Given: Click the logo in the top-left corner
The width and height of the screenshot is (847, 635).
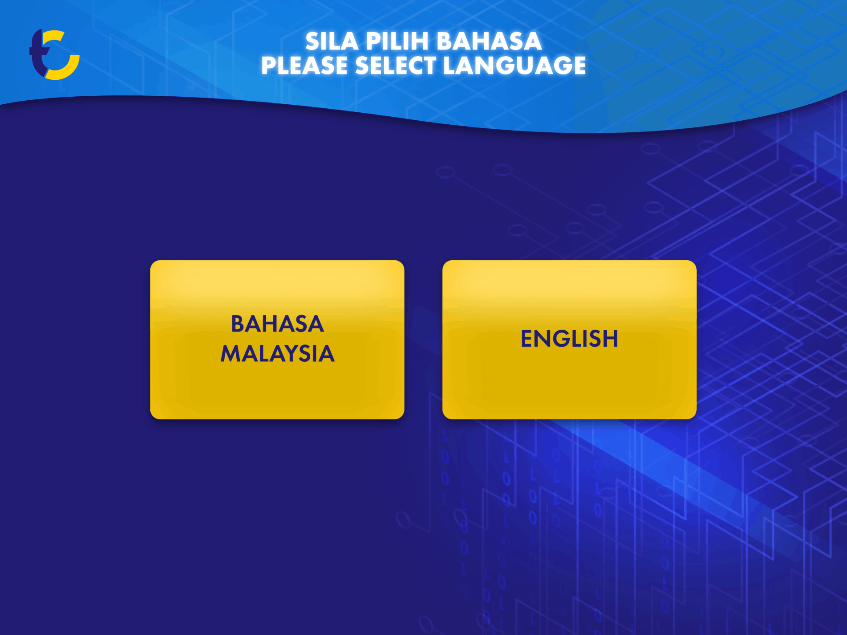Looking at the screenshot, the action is click(54, 55).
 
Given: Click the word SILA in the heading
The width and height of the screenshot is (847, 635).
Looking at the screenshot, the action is click(332, 41).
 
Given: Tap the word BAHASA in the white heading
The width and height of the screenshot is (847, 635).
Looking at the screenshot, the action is click(489, 41).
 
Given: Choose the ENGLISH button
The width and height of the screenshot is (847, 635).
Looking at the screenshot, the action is click(569, 340).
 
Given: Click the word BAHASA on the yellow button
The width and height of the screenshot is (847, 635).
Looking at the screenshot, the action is click(277, 324).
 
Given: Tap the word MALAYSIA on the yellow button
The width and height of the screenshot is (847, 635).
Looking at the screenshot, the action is click(277, 354).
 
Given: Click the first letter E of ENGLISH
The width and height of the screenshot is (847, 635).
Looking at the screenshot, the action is click(527, 339).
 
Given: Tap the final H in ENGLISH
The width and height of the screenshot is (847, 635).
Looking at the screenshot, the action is click(610, 339).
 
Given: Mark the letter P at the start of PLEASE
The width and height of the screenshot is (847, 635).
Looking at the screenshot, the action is click(269, 66).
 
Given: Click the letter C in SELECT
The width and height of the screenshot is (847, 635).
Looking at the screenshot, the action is click(415, 66).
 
